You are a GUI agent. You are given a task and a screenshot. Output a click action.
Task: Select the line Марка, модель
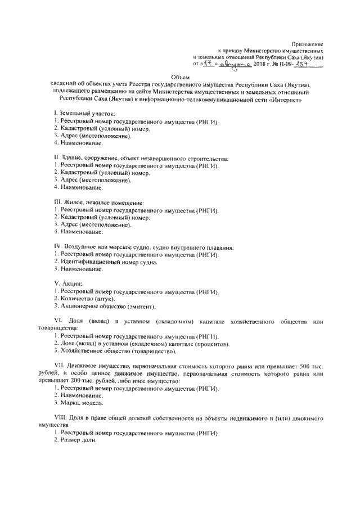pos(82,403)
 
